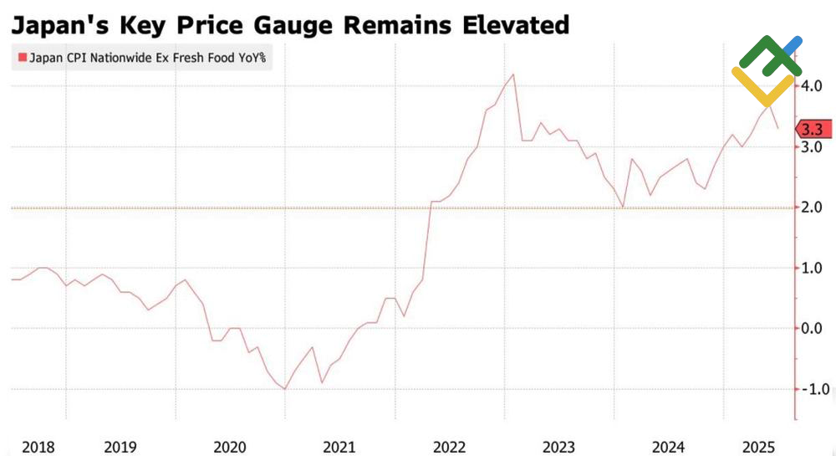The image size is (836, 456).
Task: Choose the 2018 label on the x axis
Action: [38, 447]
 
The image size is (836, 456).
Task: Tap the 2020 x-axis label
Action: [230, 447]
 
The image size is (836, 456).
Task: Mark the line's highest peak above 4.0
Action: [512, 74]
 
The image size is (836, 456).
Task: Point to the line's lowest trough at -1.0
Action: [285, 389]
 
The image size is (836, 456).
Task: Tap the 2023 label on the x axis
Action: [559, 447]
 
